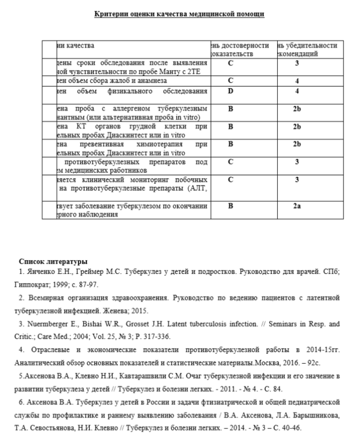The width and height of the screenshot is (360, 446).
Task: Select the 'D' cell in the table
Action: pyautogui.click(x=230, y=91)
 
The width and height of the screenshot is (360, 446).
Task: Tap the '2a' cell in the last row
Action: pyautogui.click(x=296, y=205)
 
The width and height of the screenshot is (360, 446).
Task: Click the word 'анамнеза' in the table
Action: pyautogui.click(x=135, y=81)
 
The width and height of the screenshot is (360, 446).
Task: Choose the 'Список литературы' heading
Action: pyautogui.click(x=53, y=262)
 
